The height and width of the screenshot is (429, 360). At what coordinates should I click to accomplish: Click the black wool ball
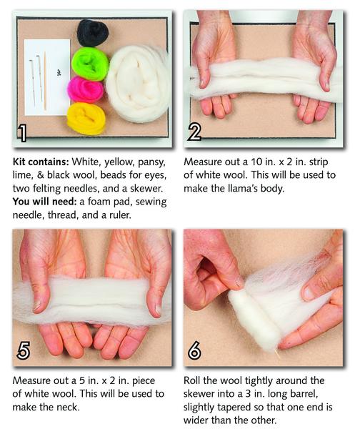coord(93,33)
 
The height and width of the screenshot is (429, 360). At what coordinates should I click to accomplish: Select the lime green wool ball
coord(90,64)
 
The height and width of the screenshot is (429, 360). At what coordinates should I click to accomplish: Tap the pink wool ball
coord(86,89)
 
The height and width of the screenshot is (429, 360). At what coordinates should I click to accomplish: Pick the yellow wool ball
coord(86,119)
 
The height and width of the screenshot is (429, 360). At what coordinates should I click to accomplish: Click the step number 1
coord(22,133)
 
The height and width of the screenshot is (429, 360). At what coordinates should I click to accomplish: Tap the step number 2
coord(194,132)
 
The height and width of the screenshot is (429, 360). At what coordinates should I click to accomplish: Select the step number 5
coord(24,350)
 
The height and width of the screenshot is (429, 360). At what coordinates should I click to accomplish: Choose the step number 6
coord(194,350)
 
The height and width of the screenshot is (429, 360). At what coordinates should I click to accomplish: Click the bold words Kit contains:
coord(41,162)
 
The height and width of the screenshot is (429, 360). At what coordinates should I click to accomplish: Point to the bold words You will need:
coord(44,202)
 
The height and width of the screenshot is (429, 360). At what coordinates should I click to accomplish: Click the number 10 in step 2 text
coord(256,162)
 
